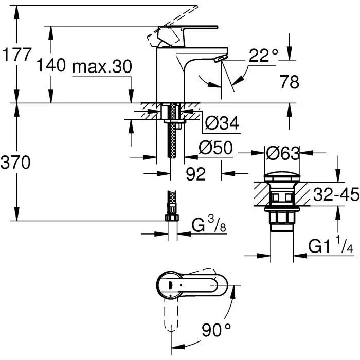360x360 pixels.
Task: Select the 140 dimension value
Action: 51,65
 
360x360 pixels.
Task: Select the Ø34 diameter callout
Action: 222,123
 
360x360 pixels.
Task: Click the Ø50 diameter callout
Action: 216,149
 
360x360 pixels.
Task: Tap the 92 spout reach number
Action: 195,174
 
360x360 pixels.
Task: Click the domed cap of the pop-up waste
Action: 282,178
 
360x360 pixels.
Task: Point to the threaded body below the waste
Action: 282,216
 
